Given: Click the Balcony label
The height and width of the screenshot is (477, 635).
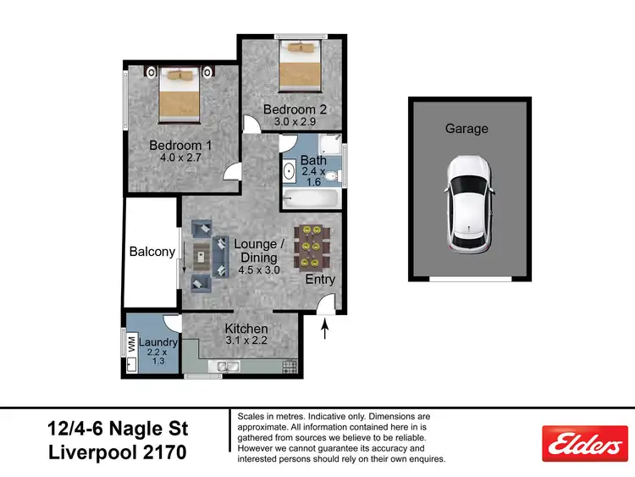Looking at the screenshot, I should [152, 252].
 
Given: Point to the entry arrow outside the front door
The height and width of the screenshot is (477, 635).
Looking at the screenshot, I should [327, 327].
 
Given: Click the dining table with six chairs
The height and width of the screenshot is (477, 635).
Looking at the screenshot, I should [309, 247].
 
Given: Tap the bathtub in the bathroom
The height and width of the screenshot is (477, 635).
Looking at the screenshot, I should [311, 200].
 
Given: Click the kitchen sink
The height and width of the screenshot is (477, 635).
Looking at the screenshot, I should [227, 367].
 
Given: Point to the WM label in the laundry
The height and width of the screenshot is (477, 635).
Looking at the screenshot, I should [132, 346].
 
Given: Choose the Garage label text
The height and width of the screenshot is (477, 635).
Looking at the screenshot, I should [467, 129].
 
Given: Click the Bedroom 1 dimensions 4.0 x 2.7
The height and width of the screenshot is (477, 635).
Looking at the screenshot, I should [181, 158].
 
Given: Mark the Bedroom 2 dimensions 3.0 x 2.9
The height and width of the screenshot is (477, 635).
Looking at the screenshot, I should [295, 122].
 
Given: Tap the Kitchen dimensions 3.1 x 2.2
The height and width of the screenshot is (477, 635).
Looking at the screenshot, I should [246, 341].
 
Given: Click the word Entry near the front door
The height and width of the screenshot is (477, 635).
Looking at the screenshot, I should [320, 280].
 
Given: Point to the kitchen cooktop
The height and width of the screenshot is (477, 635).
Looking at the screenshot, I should [290, 367].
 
